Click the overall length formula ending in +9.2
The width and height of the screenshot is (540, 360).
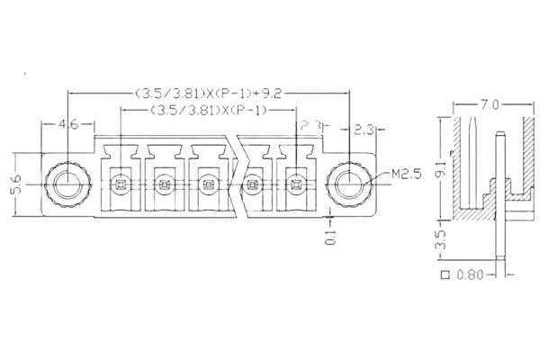point(210,93)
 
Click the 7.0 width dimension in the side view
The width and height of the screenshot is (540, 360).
point(489,106)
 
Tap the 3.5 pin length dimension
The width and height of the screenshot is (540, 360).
point(438,241)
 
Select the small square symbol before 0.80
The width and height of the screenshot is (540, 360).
point(445,274)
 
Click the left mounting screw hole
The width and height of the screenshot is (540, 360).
point(66,184)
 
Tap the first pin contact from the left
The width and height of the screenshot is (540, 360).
point(121,185)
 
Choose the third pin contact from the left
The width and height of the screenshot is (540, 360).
point(207,185)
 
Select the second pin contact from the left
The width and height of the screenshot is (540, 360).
point(163,185)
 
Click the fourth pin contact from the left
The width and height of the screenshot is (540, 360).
point(252,185)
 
